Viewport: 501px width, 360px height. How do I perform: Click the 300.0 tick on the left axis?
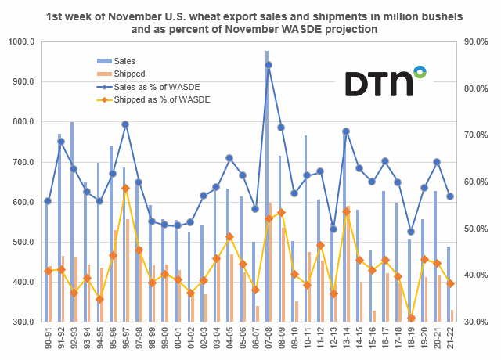tap(22, 322)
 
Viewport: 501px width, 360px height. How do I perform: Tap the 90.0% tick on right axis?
tap(474, 41)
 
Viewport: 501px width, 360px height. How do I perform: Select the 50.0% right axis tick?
tap(474, 229)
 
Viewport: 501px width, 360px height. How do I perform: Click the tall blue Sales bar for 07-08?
tap(266, 188)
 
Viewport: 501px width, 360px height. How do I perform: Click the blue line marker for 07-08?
tap(269, 65)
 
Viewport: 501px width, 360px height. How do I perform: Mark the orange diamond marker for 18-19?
tap(411, 318)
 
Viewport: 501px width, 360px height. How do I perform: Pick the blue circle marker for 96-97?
tap(124, 124)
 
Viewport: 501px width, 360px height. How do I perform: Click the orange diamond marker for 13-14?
tap(346, 211)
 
